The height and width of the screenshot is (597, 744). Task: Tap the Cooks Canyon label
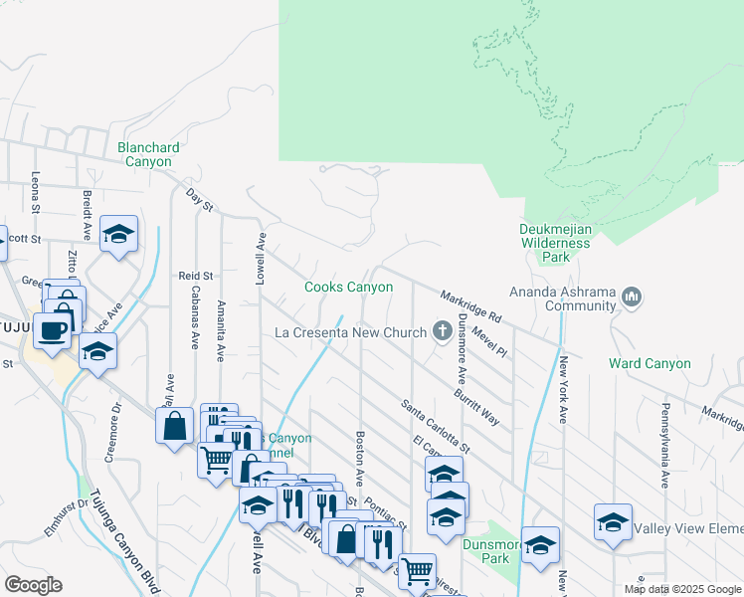pyautogui.click(x=348, y=287)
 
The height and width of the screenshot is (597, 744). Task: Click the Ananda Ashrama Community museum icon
pyautogui.click(x=633, y=298)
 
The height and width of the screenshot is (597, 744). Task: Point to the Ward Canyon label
pyautogui.click(x=650, y=363)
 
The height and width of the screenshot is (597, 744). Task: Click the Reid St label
pyautogui.click(x=196, y=275)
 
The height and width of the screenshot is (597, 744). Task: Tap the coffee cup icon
pyautogui.click(x=53, y=329)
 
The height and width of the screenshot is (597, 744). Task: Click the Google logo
pyautogui.click(x=34, y=585)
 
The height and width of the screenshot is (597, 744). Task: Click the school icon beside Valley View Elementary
pyautogui.click(x=613, y=521)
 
